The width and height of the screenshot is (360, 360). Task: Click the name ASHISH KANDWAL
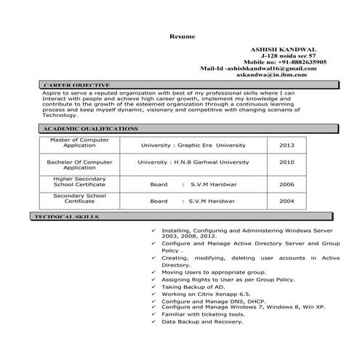pos(294,47)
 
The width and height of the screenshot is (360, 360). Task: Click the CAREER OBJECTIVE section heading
pos(76,85)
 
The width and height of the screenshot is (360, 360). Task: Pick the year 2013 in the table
pos(287,144)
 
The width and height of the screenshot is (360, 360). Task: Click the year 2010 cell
pos(287,163)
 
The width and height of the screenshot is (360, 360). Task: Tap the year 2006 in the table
pos(287,184)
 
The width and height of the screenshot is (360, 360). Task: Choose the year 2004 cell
pos(287,200)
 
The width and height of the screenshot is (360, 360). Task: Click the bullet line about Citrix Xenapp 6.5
pos(206,292)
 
